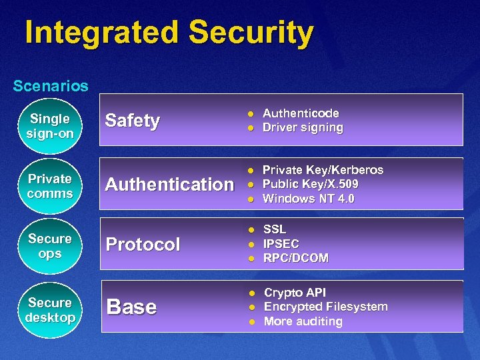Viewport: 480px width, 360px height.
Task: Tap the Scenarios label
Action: [x=51, y=86]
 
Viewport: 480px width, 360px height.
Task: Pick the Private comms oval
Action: [x=50, y=186]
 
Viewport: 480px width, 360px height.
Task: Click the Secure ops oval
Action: [x=50, y=246]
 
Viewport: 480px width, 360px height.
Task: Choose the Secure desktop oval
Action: [x=50, y=310]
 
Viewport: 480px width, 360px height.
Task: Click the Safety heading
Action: [x=133, y=121]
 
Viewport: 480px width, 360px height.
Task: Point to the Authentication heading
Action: [x=169, y=184]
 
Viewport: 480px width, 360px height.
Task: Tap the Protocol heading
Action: [x=143, y=244]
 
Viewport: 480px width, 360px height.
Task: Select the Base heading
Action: [x=131, y=307]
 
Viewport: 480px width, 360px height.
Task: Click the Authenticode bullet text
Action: [x=301, y=113]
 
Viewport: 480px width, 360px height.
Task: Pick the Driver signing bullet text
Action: [x=303, y=127]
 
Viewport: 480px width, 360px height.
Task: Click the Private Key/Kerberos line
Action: [x=323, y=170]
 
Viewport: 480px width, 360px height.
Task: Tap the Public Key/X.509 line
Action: [x=310, y=184]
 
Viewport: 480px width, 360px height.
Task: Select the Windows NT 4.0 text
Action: [x=308, y=199]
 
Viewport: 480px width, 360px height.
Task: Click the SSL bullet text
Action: [x=274, y=229]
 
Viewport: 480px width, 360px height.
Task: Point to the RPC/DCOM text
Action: [x=296, y=258]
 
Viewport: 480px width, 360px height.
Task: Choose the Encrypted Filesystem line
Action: [x=325, y=307]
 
